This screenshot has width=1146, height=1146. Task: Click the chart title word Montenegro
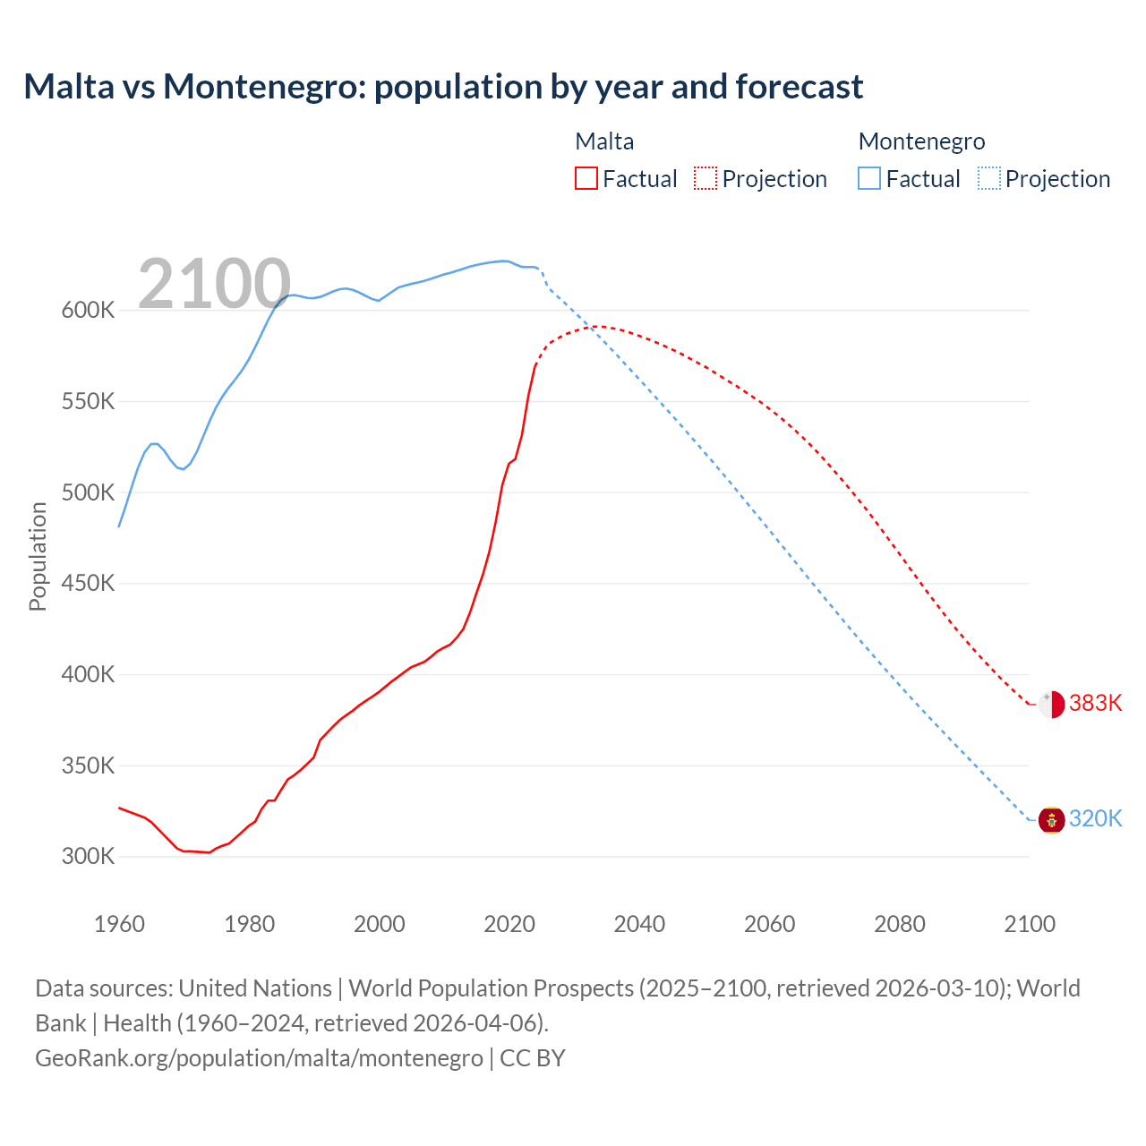(264, 87)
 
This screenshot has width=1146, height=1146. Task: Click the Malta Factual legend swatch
(586, 179)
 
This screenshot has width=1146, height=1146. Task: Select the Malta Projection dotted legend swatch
(706, 179)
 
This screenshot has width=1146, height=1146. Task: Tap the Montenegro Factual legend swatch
(869, 179)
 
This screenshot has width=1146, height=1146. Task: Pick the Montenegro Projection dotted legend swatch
(988, 179)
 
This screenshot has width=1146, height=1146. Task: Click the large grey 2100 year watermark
(214, 285)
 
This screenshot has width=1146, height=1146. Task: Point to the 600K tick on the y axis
(88, 311)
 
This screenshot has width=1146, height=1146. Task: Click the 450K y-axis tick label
(88, 584)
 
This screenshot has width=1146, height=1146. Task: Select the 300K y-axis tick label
(88, 857)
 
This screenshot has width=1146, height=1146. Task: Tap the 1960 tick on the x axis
(119, 924)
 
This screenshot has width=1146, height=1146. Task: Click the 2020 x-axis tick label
(509, 924)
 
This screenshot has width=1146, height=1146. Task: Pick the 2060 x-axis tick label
(769, 924)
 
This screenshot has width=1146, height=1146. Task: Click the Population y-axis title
(38, 556)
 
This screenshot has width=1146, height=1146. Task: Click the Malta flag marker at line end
(1051, 705)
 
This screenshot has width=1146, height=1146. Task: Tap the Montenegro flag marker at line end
(1051, 819)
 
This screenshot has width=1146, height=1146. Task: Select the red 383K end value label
(1095, 704)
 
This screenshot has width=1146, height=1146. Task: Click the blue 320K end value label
(1095, 819)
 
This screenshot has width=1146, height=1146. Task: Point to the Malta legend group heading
(604, 141)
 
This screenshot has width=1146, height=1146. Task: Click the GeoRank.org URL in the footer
(259, 1058)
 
